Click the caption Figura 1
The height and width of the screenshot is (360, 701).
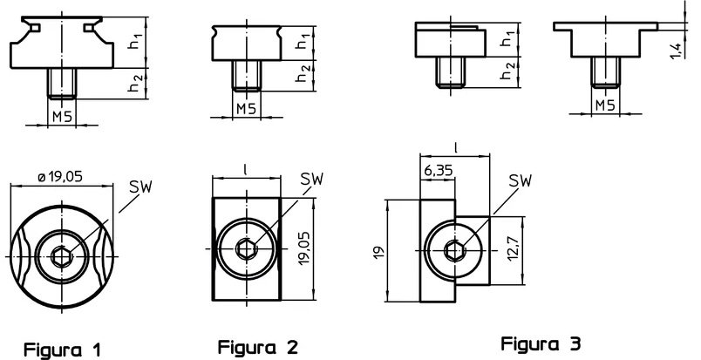(62, 350)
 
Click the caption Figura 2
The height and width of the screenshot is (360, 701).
(257, 347)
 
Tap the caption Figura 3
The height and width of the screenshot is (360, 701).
(541, 344)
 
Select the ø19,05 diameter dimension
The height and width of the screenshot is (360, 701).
(61, 177)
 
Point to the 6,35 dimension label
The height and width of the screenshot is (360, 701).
(438, 170)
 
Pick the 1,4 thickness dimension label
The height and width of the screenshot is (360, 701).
(677, 50)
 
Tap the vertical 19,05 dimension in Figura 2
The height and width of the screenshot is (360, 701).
(304, 248)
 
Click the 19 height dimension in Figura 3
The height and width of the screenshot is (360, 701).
(379, 252)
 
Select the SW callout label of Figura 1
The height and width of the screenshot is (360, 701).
(141, 187)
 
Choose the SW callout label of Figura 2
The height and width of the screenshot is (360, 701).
(311, 180)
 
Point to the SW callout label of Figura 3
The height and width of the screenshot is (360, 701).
(521, 180)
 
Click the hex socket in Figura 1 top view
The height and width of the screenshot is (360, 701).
(60, 256)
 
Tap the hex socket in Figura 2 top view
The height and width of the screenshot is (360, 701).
(246, 248)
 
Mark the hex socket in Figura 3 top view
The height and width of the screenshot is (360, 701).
(454, 250)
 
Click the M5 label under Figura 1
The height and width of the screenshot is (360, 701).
(62, 117)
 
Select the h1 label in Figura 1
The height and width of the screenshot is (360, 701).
(136, 41)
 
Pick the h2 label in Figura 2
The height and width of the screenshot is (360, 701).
(303, 74)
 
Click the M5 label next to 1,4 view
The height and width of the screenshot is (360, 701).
(605, 105)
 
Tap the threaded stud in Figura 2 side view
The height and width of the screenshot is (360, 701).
(247, 76)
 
